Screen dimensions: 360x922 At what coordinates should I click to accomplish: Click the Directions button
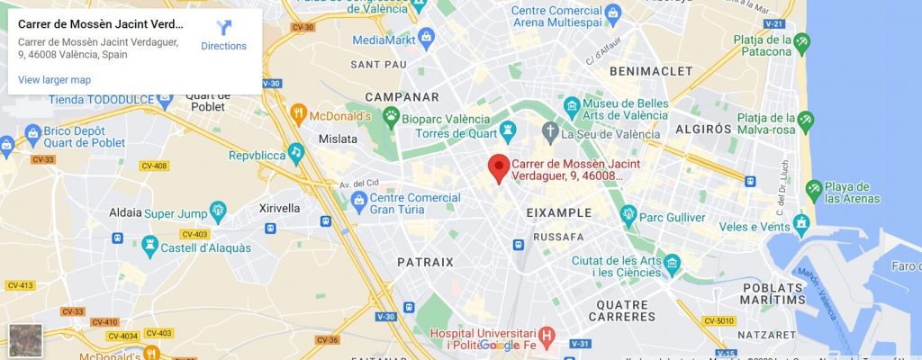223,35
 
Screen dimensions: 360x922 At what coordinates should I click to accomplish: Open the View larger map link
54,79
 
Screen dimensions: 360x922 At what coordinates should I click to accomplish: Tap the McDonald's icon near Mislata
299,114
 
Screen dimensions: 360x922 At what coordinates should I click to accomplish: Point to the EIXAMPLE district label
558,213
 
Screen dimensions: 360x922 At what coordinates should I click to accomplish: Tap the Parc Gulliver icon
628,215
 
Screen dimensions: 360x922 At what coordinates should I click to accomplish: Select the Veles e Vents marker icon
800,222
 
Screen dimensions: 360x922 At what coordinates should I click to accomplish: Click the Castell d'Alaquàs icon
149,244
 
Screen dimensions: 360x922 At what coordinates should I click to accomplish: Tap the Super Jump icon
218,212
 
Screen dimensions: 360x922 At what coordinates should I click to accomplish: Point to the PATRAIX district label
425,262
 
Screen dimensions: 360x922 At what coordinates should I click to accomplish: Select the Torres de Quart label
455,134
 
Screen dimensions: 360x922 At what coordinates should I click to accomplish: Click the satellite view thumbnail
25,341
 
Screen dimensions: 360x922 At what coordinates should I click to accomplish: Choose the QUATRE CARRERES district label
621,310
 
